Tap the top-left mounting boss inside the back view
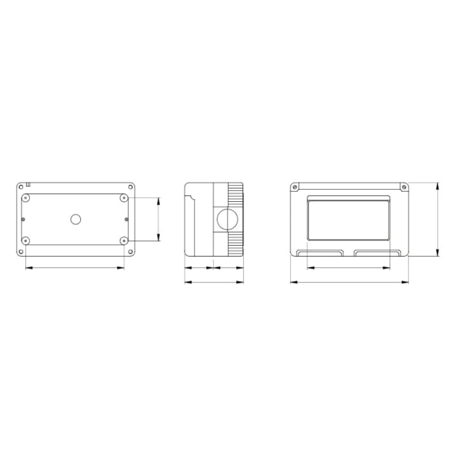click(x=26, y=198)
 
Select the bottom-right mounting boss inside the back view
click(x=124, y=241)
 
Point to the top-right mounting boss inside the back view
click(x=124, y=198)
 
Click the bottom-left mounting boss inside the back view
click(x=26, y=241)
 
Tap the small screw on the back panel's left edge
click(x=23, y=219)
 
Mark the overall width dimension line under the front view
click(x=349, y=281)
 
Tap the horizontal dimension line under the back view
click(x=75, y=267)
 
